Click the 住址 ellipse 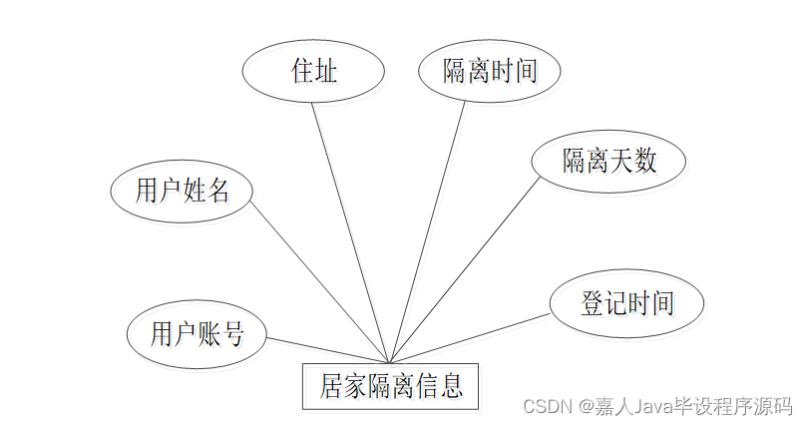click(313, 71)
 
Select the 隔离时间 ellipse click(490, 71)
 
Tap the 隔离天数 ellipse click(609, 160)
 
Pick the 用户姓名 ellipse click(182, 190)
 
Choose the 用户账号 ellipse click(198, 333)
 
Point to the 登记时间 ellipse click(626, 302)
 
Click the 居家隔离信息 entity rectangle click(391, 385)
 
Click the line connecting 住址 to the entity click(349, 229)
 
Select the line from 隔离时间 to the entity click(430, 229)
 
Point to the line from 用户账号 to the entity click(329, 350)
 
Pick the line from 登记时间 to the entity click(469, 338)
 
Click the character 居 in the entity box click(332, 385)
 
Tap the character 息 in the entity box click(451, 385)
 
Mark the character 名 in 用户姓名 click(217, 190)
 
